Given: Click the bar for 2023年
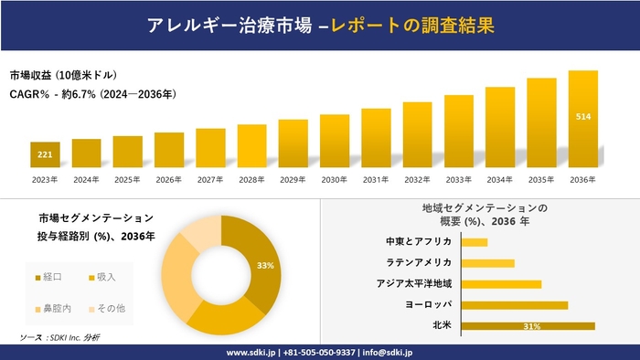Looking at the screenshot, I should [x=45, y=155].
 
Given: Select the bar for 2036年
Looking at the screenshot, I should [x=582, y=119].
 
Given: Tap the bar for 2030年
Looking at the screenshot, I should [x=335, y=141].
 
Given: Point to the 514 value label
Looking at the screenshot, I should [x=582, y=117].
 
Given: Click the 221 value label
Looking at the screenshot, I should [x=45, y=156].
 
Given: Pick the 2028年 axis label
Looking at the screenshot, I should [x=251, y=179].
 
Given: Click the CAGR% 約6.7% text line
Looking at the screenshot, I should [x=92, y=94].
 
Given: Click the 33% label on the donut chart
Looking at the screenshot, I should [x=266, y=265].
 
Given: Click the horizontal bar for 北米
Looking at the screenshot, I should [x=528, y=325].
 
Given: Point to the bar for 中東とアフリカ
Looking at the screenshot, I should [x=475, y=242].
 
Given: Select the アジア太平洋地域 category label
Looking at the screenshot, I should [x=413, y=283].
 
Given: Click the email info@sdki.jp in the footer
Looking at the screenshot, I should [x=388, y=352].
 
